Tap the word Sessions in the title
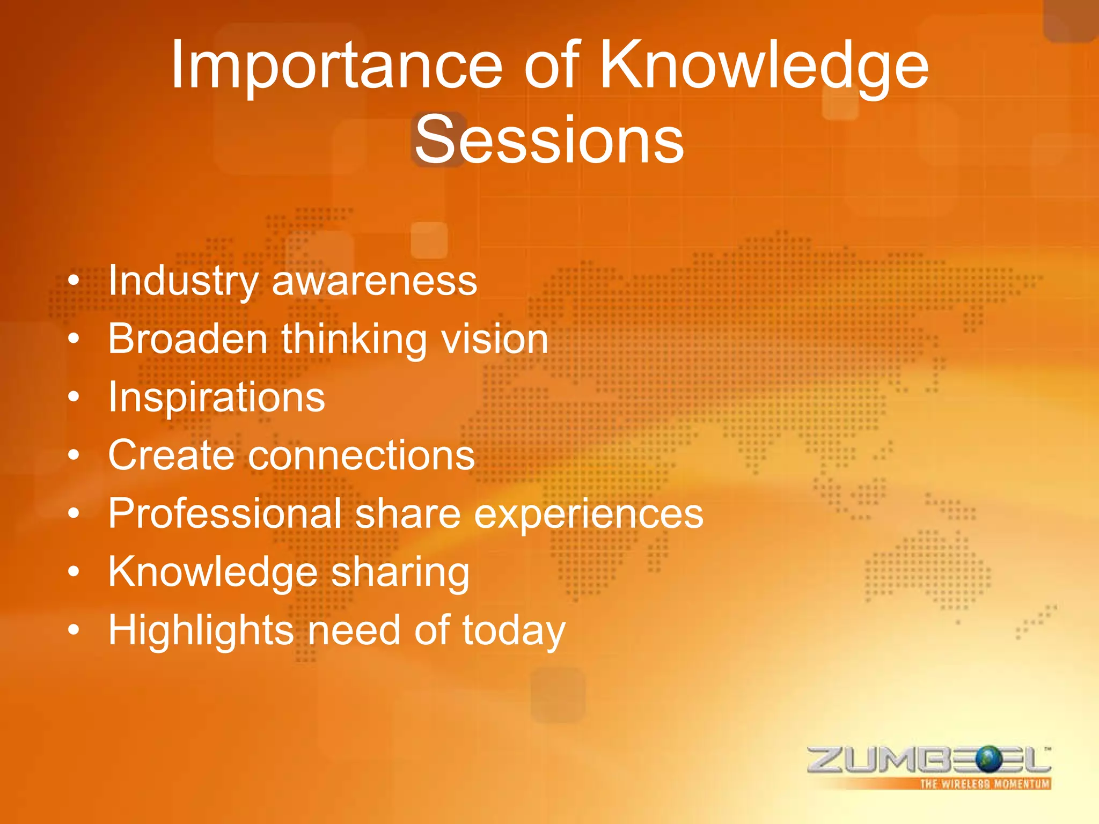(549, 141)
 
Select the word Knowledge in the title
(764, 67)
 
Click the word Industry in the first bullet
(183, 281)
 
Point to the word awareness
(375, 282)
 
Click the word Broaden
(188, 339)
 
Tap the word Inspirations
(216, 398)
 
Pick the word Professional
(225, 513)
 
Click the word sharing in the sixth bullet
(400, 572)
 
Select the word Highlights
(201, 630)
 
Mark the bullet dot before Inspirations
(74, 398)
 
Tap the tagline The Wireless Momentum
(984, 784)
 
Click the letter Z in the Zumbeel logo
(827, 760)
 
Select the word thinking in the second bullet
(354, 339)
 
